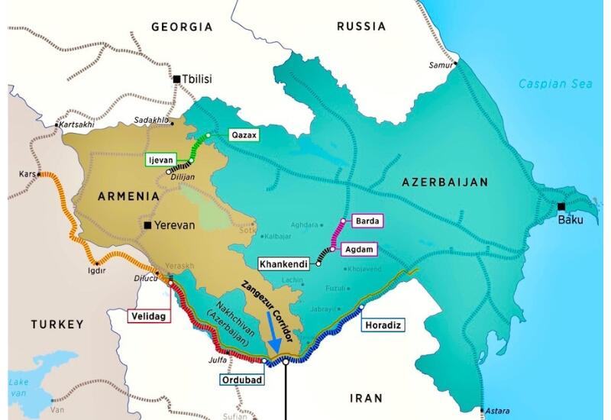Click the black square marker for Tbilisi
pyautogui.click(x=177, y=79)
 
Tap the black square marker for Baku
pyautogui.click(x=561, y=206)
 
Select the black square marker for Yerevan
pyautogui.click(x=149, y=226)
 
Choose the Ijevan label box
pyautogui.click(x=160, y=160)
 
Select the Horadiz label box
pyautogui.click(x=382, y=325)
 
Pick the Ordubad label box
pyautogui.click(x=238, y=379)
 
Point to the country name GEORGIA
pyautogui.click(x=182, y=27)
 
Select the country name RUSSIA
pyautogui.click(x=361, y=27)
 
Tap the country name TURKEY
pyautogui.click(x=57, y=325)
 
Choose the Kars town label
pyautogui.click(x=27, y=174)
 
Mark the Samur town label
pyautogui.click(x=439, y=64)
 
